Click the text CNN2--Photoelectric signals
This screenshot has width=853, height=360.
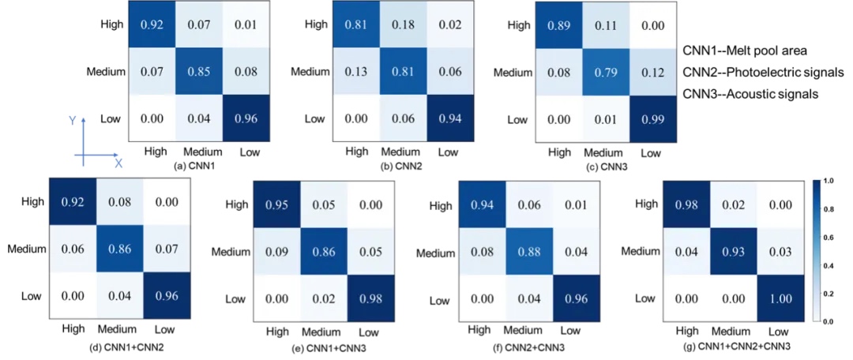(755, 73)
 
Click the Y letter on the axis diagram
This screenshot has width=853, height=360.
(71, 121)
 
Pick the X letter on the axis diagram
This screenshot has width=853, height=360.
(118, 163)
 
